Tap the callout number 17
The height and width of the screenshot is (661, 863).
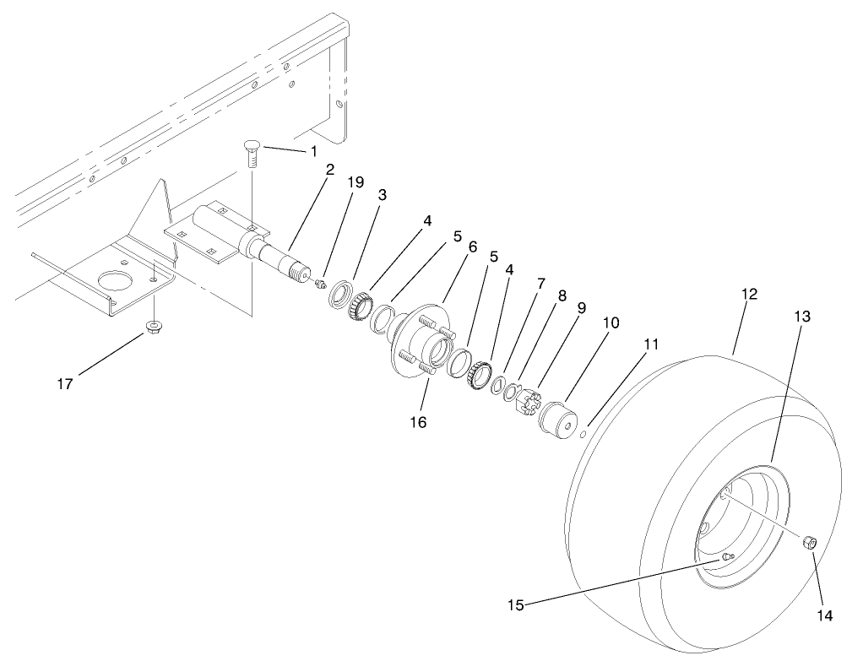tap(65, 384)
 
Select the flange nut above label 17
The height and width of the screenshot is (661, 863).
tap(154, 326)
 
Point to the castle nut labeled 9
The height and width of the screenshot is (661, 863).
tap(526, 401)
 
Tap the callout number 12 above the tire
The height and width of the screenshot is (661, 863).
tap(749, 295)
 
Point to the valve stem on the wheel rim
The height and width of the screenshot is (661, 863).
tap(728, 556)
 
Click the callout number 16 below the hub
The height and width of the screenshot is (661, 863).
tap(419, 421)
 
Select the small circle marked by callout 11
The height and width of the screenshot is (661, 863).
tap(583, 434)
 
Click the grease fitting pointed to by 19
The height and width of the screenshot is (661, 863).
tap(320, 284)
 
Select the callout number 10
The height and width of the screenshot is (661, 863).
tap(611, 323)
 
